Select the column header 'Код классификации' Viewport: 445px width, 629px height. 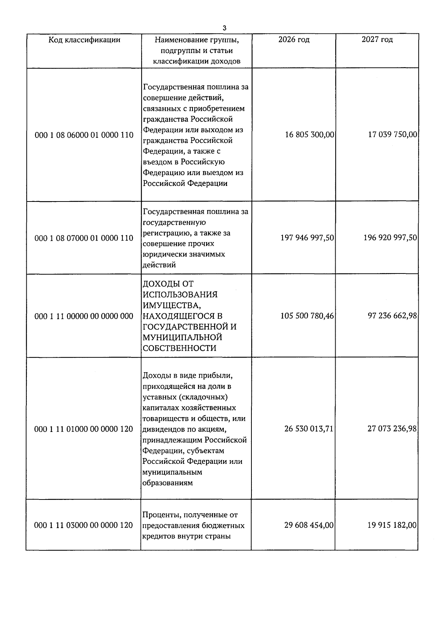click(x=84, y=40)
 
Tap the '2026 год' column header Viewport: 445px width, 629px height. click(x=294, y=39)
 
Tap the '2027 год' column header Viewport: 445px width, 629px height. click(x=377, y=39)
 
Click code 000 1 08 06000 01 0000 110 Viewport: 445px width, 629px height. click(x=84, y=135)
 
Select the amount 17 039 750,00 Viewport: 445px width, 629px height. click(x=392, y=134)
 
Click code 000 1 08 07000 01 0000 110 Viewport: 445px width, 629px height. click(x=84, y=238)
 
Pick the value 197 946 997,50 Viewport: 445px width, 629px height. click(x=307, y=237)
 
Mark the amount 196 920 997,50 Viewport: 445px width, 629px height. click(x=390, y=237)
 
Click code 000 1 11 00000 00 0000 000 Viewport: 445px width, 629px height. click(x=84, y=316)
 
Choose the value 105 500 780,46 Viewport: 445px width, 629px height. click(x=307, y=316)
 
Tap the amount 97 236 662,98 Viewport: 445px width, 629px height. click(x=392, y=316)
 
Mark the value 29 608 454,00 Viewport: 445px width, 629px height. click(x=309, y=525)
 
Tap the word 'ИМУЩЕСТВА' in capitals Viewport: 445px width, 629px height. click(x=172, y=305)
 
